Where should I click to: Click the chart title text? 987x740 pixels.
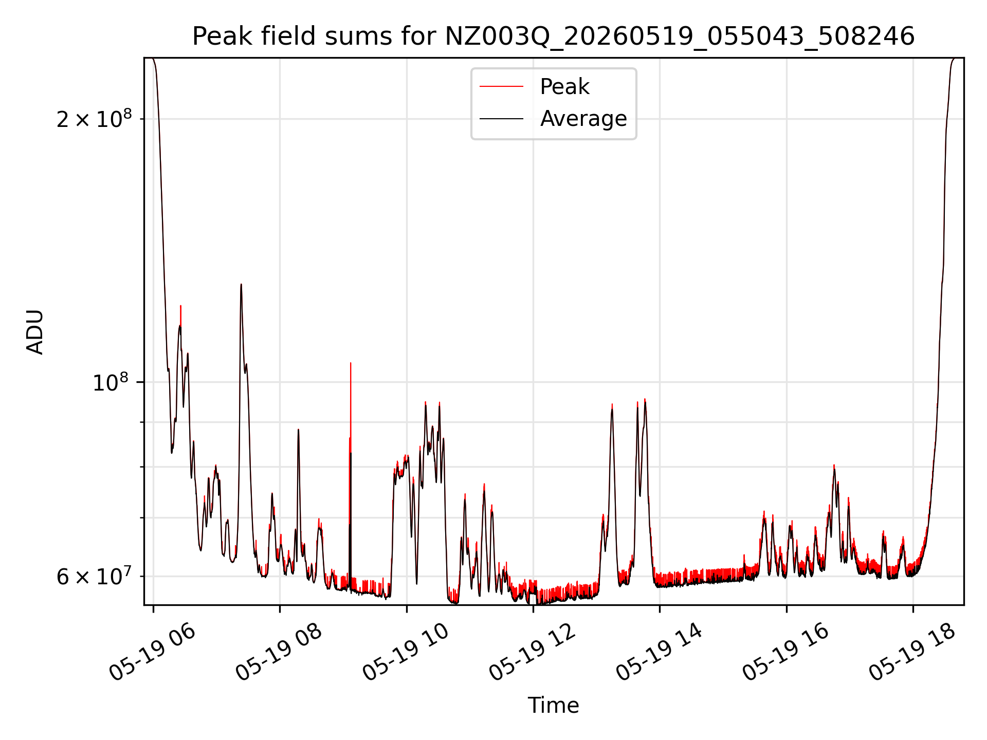pos(553,36)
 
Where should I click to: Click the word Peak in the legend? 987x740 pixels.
pos(564,87)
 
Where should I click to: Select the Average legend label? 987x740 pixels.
pos(583,119)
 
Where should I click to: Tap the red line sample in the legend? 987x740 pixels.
pos(501,87)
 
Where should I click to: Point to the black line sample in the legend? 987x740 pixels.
pos(501,119)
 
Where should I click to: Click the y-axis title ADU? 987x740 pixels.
pos(35,332)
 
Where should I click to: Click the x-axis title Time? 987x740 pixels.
pos(553,706)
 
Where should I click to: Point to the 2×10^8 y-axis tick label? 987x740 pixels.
pos(94,119)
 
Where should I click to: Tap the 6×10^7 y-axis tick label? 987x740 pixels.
pos(94,576)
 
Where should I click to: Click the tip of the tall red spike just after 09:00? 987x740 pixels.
pos(351,363)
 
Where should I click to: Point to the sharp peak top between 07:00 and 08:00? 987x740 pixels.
pos(241,284)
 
